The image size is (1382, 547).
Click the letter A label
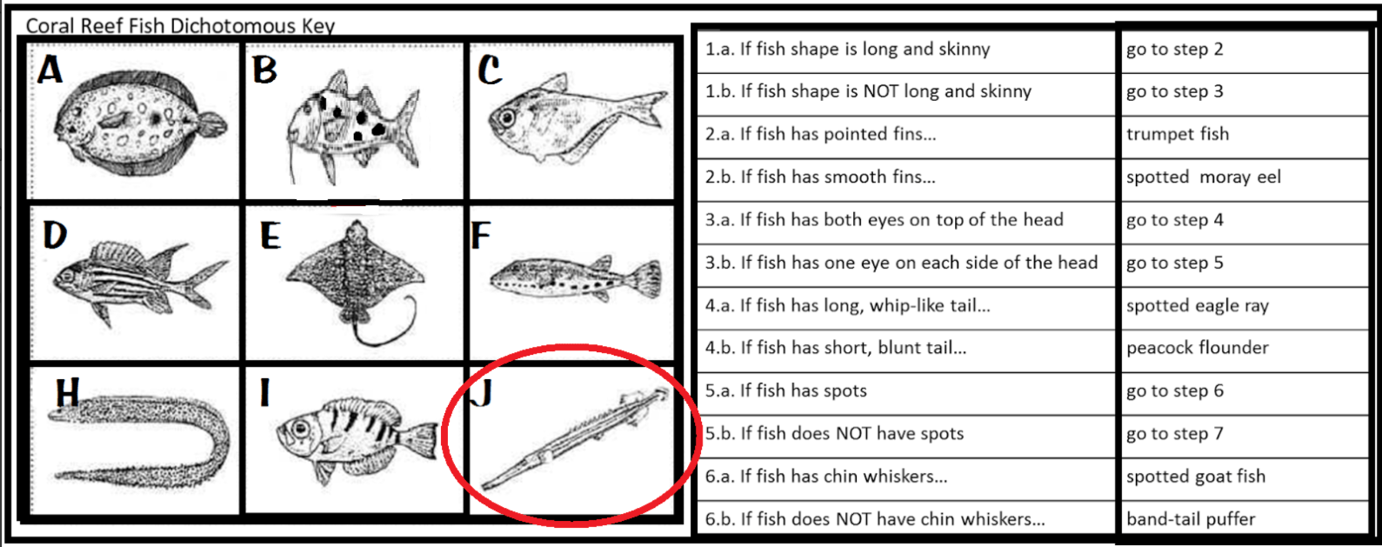pyautogui.click(x=50, y=69)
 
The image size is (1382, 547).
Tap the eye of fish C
pyautogui.click(x=507, y=117)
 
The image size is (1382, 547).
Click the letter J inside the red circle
pyautogui.click(x=481, y=393)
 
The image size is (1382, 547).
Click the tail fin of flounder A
pyautogui.click(x=213, y=126)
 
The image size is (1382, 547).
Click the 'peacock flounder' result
pyautogui.click(x=1197, y=349)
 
